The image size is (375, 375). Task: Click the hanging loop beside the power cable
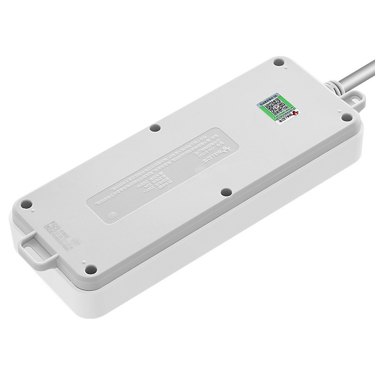coord(355,99)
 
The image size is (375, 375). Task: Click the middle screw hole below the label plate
coord(226,192)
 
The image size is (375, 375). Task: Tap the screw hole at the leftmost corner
coord(27,204)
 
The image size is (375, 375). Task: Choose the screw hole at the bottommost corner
coord(91,270)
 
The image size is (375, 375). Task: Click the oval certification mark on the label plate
coord(113,216)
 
